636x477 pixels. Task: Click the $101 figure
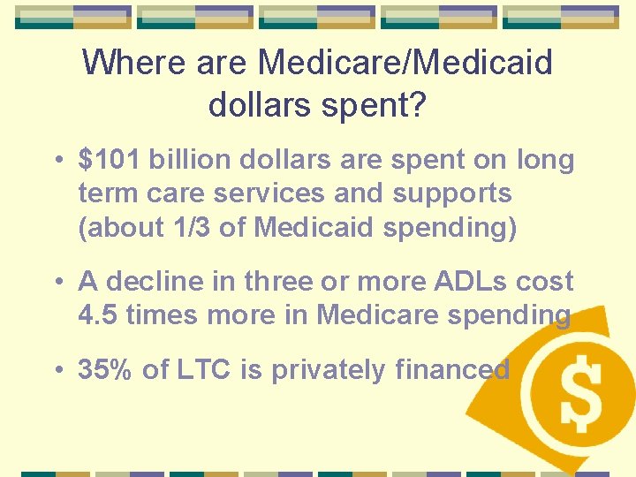click(x=110, y=160)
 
